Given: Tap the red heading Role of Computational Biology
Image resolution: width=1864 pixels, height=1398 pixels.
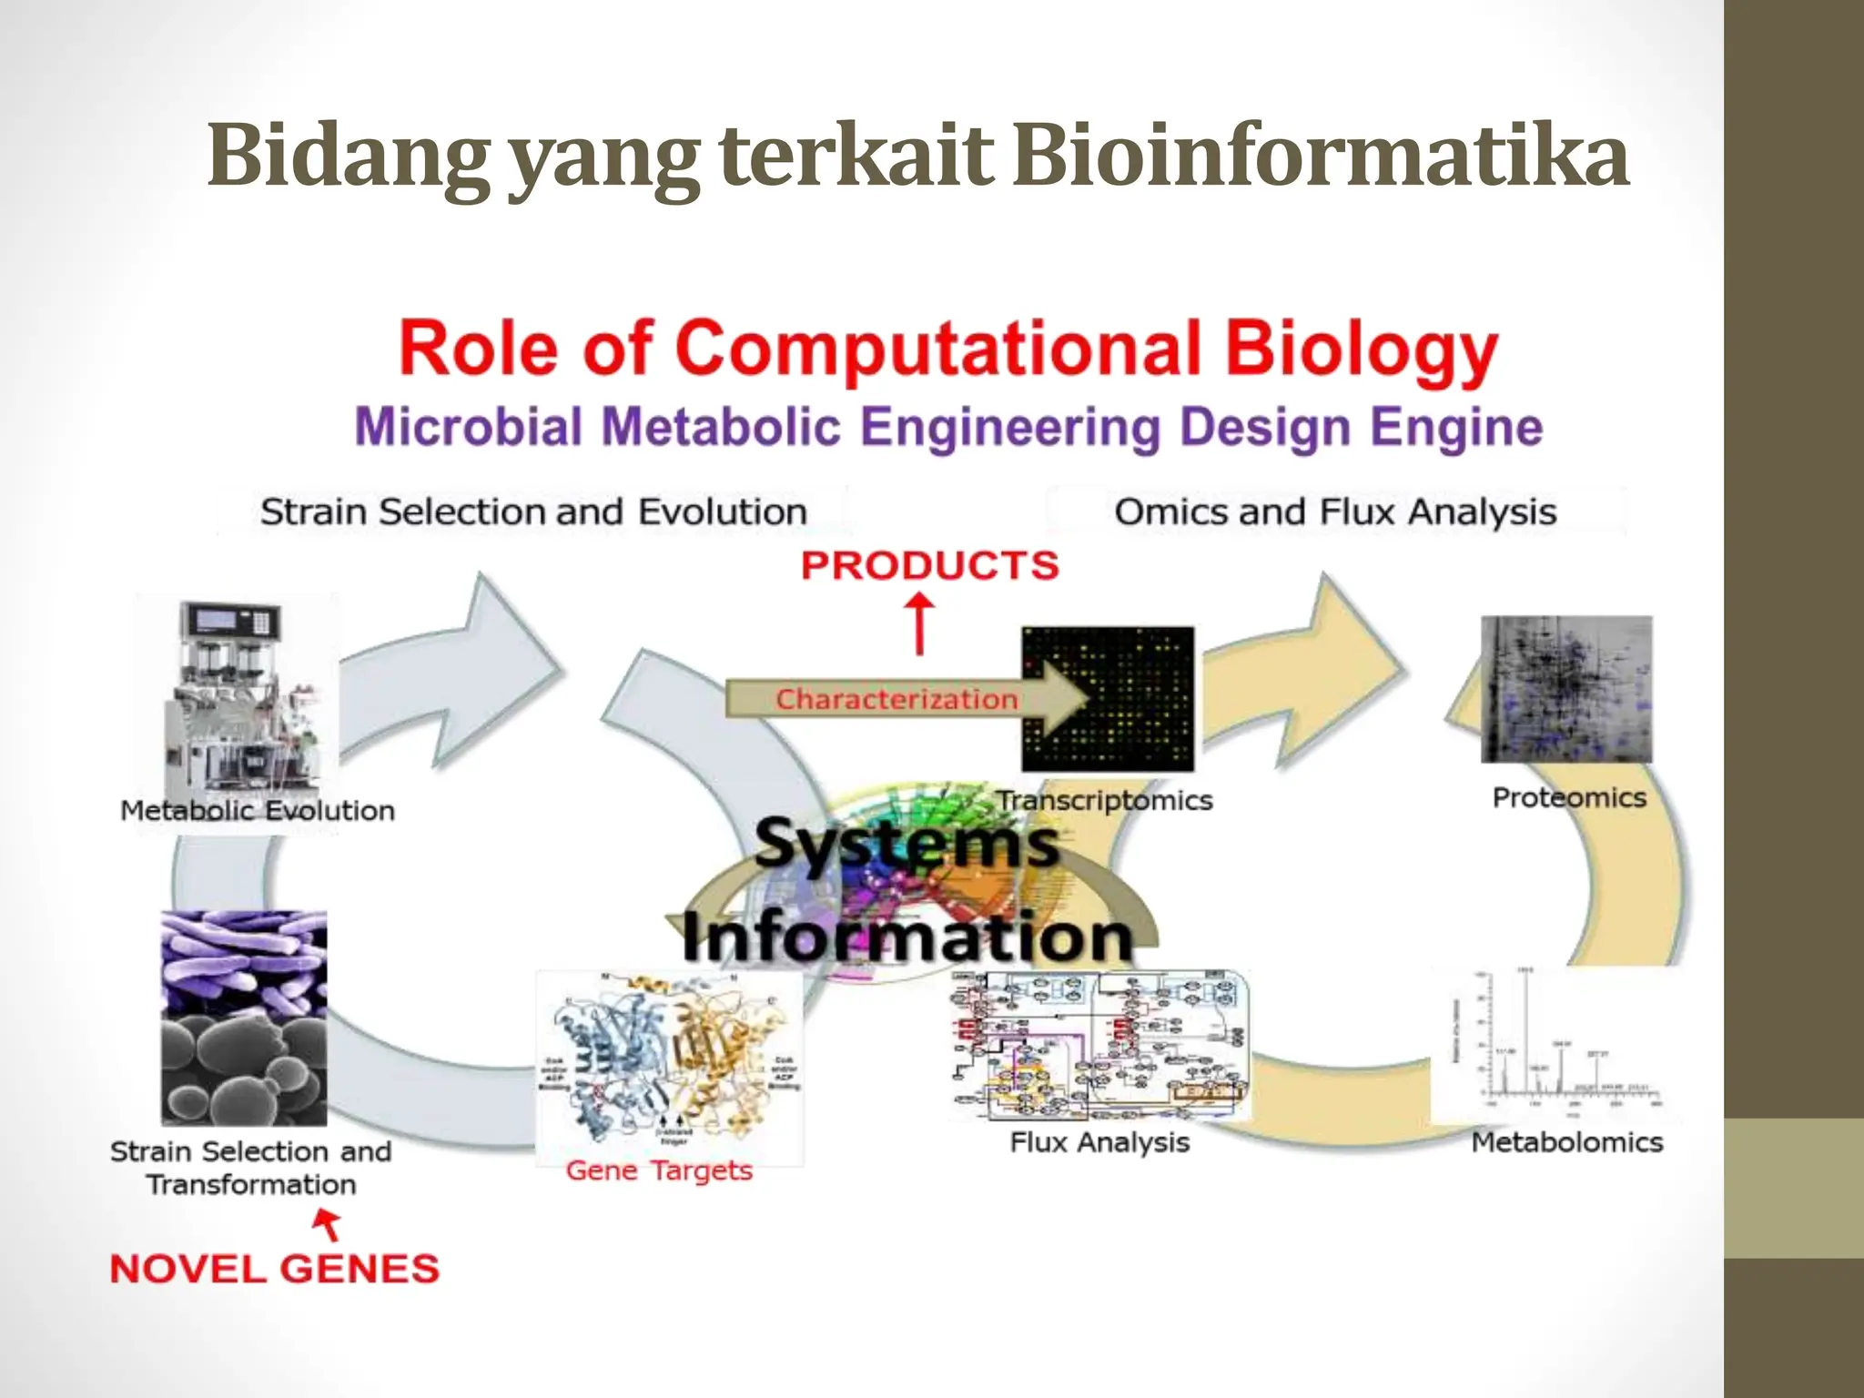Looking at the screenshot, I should tap(947, 349).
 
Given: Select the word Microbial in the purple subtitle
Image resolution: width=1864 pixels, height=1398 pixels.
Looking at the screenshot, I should tap(468, 428).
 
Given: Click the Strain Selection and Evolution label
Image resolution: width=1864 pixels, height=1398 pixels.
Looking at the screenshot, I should tap(533, 512).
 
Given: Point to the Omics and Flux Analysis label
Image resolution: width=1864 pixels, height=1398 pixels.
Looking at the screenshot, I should tap(1334, 512).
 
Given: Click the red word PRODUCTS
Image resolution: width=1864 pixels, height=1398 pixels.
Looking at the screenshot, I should tap(930, 566).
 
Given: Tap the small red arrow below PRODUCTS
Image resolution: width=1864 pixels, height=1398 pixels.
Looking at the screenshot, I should tap(920, 623).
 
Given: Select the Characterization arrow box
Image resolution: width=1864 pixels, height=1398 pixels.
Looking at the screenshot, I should tap(897, 699).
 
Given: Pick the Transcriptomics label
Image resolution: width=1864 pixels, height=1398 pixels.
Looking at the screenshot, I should tap(1104, 801).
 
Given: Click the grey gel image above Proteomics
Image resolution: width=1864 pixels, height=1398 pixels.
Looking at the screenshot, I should tap(1566, 689).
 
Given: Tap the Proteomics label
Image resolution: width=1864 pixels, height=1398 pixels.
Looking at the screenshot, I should tap(1569, 798).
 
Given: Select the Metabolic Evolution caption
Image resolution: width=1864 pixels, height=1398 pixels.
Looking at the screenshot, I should tap(258, 811).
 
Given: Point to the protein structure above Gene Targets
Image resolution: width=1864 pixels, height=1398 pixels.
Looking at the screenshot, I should tap(669, 1060).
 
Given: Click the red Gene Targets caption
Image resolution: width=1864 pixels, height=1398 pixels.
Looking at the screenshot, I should tap(659, 1170).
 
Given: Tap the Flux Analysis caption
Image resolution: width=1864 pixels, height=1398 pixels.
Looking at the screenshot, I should tap(1099, 1143).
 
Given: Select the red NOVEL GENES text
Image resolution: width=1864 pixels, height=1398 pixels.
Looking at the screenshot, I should tap(274, 1269).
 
